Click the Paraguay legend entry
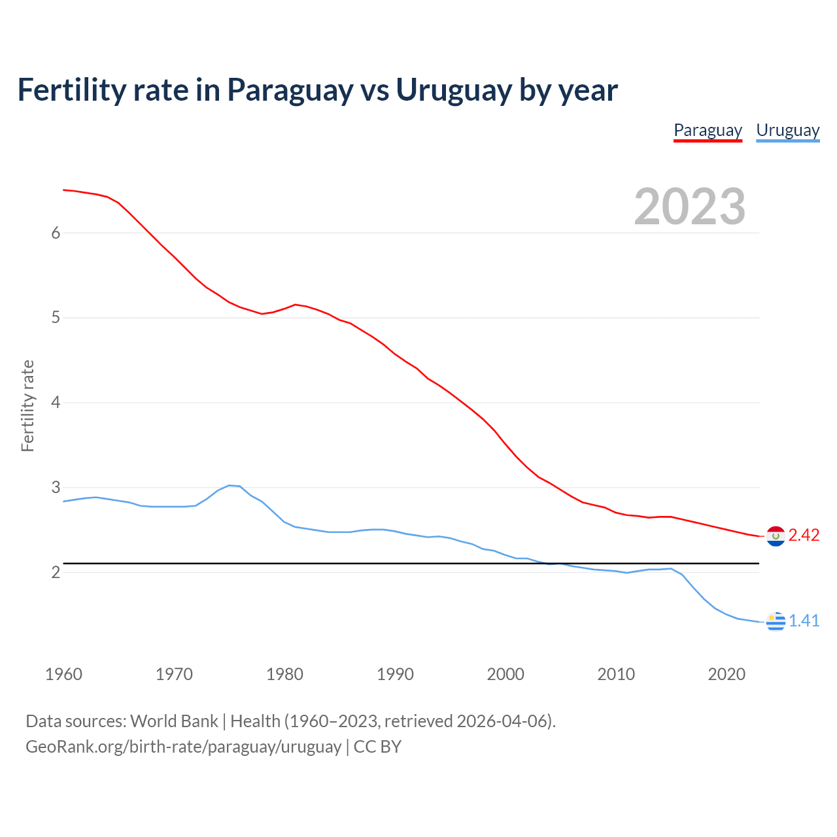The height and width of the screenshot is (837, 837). pos(708,130)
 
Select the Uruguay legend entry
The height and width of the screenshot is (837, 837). pos(787,130)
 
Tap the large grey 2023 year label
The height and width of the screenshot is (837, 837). pos(690,207)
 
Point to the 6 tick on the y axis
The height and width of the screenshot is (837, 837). pos(56,233)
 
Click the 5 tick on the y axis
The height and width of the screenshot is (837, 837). pos(56,318)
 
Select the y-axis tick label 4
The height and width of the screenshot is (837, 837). pos(56,403)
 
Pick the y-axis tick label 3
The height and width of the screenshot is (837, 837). pos(56,488)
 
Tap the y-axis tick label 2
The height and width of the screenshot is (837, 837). pos(56,573)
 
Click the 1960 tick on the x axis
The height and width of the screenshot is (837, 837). pos(63,674)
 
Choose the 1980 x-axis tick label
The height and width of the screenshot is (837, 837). pos(284,674)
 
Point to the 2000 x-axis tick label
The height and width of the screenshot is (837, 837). pos(505,674)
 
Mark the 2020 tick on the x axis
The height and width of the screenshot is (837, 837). pos(726,674)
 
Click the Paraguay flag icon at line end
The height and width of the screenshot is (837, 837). pos(776,536)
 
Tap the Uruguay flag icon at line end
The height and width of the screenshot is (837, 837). pos(776,621)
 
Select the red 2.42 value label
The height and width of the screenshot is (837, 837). pos(804,536)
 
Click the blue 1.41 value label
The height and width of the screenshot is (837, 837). pos(804,621)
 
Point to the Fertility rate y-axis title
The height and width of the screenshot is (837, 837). pos(27,405)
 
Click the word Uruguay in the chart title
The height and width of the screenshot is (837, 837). pos(453,90)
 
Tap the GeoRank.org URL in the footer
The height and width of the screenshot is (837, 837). pos(183,747)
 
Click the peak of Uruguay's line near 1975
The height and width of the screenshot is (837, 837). pos(230,485)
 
